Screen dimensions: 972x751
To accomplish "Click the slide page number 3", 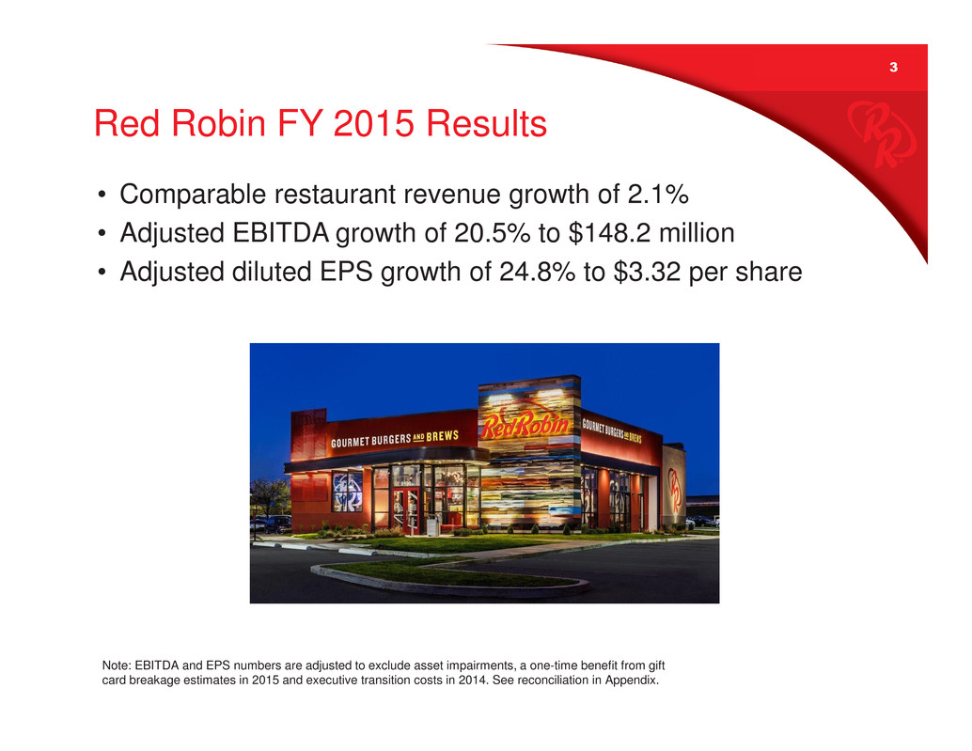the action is pos(893,67).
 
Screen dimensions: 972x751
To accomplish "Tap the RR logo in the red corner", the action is pos(882,133).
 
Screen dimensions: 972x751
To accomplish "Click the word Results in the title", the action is pos(486,123).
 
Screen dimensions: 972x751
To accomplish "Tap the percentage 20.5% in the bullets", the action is pos(493,233).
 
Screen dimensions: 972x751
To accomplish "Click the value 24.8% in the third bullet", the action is pos(538,272).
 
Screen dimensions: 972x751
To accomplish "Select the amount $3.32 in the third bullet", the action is pos(647,272).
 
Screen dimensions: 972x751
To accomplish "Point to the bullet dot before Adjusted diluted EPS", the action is pos(102,272).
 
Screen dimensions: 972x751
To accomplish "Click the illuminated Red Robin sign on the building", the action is pos(525,425).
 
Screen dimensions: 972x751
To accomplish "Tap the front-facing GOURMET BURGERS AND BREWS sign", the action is pos(394,439).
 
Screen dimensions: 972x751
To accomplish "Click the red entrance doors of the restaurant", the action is pos(405,510).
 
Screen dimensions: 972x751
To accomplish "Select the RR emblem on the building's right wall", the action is pos(674,490).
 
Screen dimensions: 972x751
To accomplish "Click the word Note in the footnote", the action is pos(116,665).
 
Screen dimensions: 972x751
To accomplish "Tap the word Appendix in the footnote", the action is pos(632,681).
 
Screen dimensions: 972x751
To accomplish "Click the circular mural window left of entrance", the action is pos(347,492).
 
